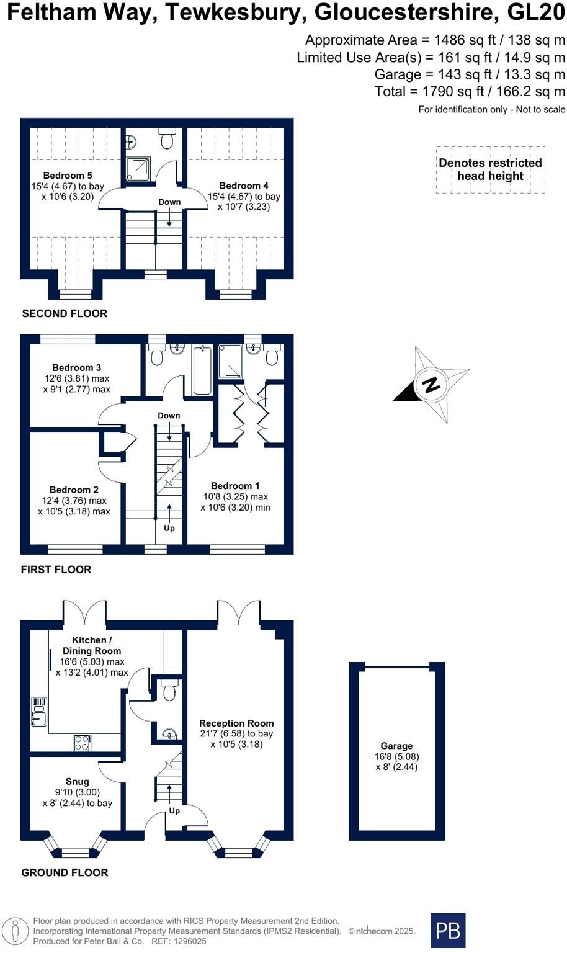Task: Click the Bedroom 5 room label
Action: (x=68, y=176)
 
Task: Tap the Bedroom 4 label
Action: (x=244, y=186)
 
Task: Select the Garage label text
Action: (x=396, y=746)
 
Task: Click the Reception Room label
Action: (x=236, y=723)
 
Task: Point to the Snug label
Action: (x=78, y=781)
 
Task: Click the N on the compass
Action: (x=431, y=385)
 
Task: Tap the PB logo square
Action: (x=448, y=930)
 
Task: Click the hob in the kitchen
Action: (x=82, y=743)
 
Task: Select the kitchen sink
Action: (x=39, y=711)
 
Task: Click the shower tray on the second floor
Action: (x=138, y=169)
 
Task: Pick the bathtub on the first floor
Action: (x=202, y=370)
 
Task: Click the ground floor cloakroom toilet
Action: (x=169, y=689)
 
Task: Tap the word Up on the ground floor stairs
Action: (x=174, y=810)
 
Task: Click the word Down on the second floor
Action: (x=170, y=202)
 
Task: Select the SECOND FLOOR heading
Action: (x=65, y=313)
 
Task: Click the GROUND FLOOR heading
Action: (x=65, y=872)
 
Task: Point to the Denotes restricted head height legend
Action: (x=491, y=169)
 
